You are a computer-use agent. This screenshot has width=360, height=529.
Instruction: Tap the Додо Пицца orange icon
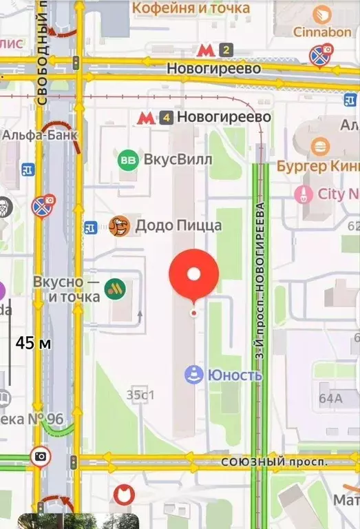coord(120,225)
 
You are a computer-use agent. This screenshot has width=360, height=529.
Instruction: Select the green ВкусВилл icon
coord(128,160)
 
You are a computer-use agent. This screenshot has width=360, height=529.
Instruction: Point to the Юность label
coord(224,375)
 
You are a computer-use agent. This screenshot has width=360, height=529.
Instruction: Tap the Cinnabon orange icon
coord(321,14)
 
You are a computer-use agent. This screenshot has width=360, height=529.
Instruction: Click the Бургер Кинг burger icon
coord(318,146)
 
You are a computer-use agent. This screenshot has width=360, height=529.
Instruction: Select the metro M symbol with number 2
coord(204,49)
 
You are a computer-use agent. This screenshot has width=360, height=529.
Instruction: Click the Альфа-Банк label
coord(39,134)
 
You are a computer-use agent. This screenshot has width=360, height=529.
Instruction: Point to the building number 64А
coord(330,398)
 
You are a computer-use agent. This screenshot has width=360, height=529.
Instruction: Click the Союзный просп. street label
coord(274,461)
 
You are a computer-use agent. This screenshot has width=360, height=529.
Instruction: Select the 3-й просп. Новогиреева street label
coord(260,282)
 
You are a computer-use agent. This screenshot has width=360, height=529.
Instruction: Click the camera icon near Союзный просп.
coord(41,456)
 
